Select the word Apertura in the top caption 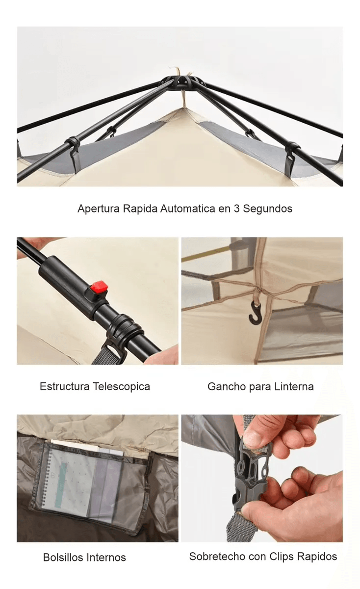point(99,209)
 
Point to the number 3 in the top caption point(236,209)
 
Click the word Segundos point(267,209)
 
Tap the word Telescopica point(122,387)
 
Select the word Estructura point(65,387)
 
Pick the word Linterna point(294,387)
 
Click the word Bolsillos point(63,558)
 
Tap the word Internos point(106,558)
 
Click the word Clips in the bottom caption point(281,557)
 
